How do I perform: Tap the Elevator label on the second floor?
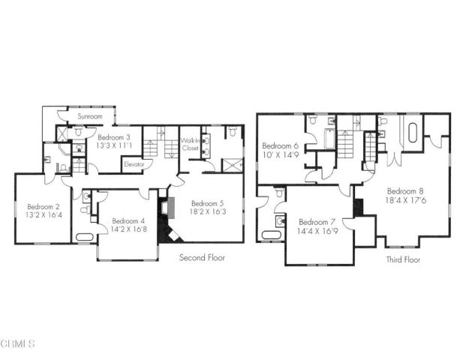coord(134,163)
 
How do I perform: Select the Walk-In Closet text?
coord(190,144)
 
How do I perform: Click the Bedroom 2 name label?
coord(43,207)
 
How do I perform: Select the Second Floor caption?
coord(202,257)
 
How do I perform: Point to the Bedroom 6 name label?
coord(280,145)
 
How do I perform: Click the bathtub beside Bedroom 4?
coord(83,238)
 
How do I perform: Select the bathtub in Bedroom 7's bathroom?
coord(269,236)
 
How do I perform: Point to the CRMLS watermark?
coord(19,344)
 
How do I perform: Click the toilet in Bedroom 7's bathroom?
coord(279,193)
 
